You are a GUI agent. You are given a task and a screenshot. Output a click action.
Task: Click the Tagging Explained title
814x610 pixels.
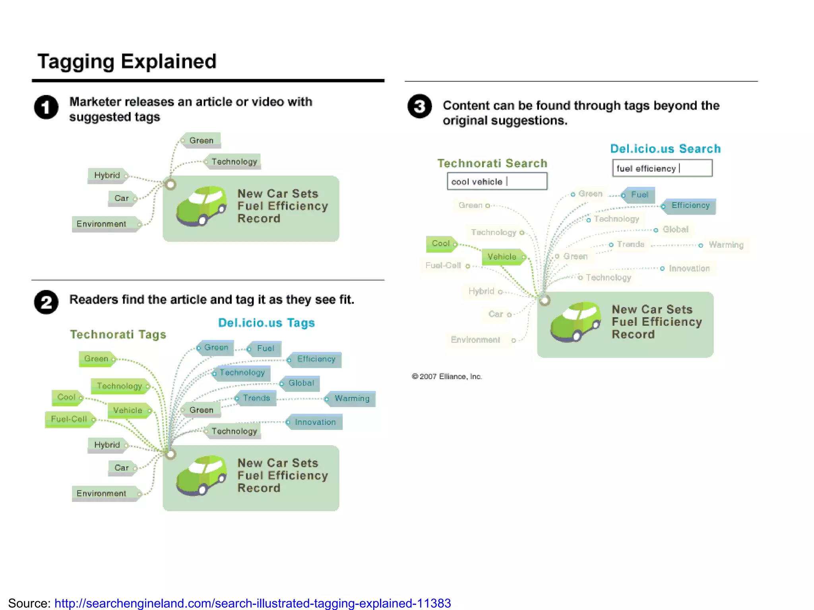pyautogui.click(x=127, y=62)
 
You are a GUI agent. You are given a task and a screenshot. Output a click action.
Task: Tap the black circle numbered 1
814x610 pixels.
pyautogui.click(x=46, y=107)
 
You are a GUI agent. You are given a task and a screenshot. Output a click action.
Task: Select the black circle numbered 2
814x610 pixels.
pyautogui.click(x=46, y=302)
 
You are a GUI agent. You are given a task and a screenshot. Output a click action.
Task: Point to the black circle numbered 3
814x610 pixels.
pyautogui.click(x=419, y=106)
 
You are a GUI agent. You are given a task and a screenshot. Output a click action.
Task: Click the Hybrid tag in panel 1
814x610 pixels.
pyautogui.click(x=107, y=175)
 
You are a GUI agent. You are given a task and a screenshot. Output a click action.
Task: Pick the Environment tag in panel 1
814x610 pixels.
pyautogui.click(x=102, y=224)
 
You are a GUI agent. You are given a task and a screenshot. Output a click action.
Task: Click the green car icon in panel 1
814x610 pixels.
pyautogui.click(x=202, y=206)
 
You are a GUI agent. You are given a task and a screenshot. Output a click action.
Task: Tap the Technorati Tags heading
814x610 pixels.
pyautogui.click(x=118, y=334)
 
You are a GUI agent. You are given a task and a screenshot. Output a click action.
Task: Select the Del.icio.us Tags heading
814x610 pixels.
pyautogui.click(x=266, y=323)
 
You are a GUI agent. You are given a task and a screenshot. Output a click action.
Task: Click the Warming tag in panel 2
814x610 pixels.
pyautogui.click(x=351, y=398)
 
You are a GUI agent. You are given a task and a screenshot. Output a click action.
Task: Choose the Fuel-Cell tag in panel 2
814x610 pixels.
pyautogui.click(x=69, y=419)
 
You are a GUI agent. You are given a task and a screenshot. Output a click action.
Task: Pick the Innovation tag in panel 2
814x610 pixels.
pyautogui.click(x=315, y=422)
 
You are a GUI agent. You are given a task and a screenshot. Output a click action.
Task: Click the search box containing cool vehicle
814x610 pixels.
pyautogui.click(x=497, y=181)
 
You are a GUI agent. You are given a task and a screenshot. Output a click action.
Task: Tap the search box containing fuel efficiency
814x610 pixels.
pyautogui.click(x=662, y=168)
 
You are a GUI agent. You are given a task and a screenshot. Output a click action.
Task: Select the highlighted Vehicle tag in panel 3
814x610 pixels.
pyautogui.click(x=502, y=257)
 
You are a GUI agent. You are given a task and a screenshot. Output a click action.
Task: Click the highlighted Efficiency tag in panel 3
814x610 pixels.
pyautogui.click(x=690, y=206)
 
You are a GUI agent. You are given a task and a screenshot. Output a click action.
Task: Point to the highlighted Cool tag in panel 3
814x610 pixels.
pyautogui.click(x=440, y=243)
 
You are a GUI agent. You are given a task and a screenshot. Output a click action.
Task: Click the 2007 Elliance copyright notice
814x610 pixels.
pyautogui.click(x=447, y=376)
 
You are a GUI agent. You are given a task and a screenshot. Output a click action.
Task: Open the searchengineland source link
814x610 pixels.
pyautogui.click(x=252, y=603)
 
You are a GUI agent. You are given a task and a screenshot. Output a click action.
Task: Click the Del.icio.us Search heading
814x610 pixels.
pyautogui.click(x=665, y=149)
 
